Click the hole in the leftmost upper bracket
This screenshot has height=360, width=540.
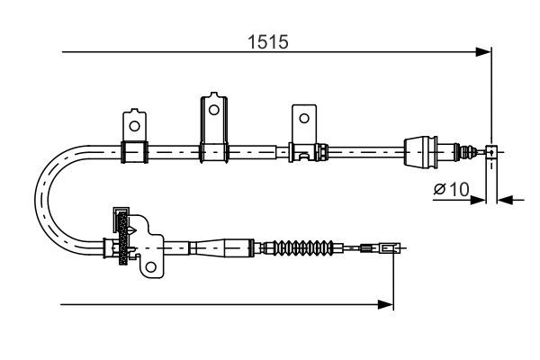pyautogui.click(x=134, y=124)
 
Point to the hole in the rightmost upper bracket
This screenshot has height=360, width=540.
pyautogui.click(x=304, y=118)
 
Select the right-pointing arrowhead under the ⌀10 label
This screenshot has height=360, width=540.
pyautogui.click(x=478, y=198)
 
